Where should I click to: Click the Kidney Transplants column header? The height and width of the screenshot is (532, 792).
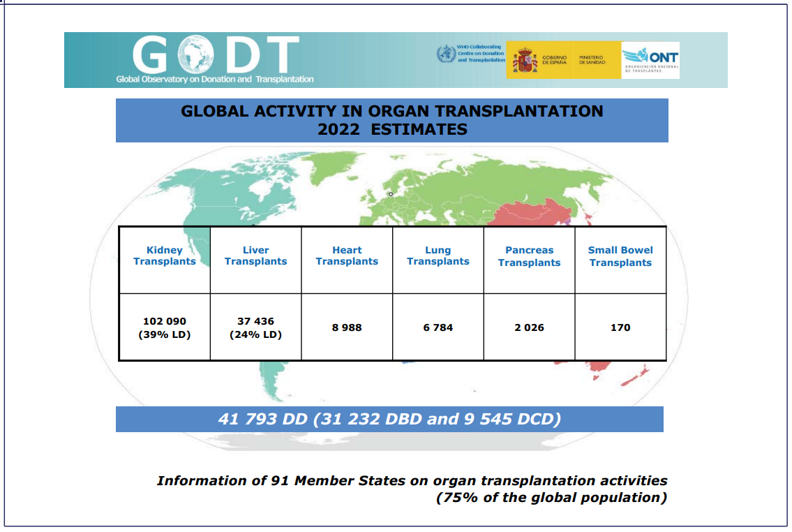[165, 256]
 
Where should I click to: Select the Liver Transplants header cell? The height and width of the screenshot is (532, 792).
[255, 256]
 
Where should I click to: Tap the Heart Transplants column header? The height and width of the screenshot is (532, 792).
[347, 256]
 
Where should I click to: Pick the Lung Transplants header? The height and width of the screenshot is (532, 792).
[438, 256]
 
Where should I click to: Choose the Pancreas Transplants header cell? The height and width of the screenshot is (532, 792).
[529, 256]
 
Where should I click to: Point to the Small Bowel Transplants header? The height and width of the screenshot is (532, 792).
[620, 256]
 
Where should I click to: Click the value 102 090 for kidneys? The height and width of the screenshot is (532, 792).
[165, 321]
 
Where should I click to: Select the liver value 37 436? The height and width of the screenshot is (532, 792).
[255, 321]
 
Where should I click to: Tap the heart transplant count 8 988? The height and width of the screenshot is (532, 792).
[347, 327]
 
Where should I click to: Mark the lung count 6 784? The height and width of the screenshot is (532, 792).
[438, 327]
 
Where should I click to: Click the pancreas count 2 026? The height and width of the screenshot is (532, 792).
[529, 327]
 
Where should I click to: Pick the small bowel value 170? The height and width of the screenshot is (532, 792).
[620, 327]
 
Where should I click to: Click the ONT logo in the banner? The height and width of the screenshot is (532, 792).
[650, 60]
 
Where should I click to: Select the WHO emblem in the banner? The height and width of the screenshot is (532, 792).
[445, 54]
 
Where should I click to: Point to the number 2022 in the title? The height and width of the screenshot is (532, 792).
[339, 129]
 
